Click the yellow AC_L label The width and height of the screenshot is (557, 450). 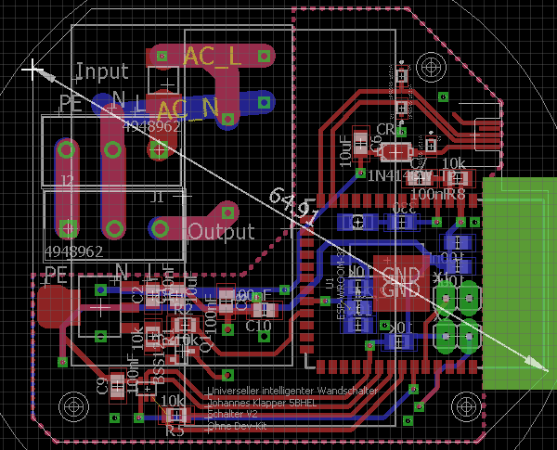click(213, 57)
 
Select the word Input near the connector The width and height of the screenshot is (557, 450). click(102, 71)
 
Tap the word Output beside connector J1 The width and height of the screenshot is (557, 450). click(220, 231)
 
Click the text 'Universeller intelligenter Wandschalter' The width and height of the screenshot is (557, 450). click(293, 392)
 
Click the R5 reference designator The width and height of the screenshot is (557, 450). click(175, 431)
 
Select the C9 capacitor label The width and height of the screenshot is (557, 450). click(101, 385)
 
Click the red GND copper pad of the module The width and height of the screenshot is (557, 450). click(400, 280)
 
